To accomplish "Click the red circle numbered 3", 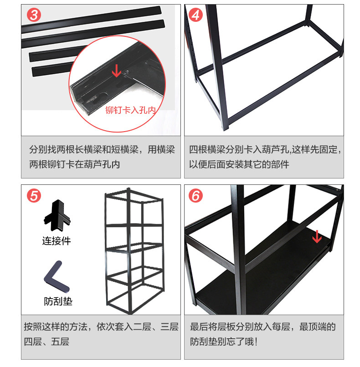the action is [34, 15].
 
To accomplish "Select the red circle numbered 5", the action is [34, 196].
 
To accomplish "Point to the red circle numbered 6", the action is [195, 196].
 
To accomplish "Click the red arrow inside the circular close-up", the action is [116, 70].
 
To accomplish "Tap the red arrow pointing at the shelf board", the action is [317, 236].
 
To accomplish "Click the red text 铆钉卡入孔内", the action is [130, 110].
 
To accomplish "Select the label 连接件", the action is [57, 241].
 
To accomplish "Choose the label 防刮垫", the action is [58, 301].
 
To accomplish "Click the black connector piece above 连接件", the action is [57, 216].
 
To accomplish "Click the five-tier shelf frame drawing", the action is [134, 250].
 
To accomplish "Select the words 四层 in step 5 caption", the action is [33, 342].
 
